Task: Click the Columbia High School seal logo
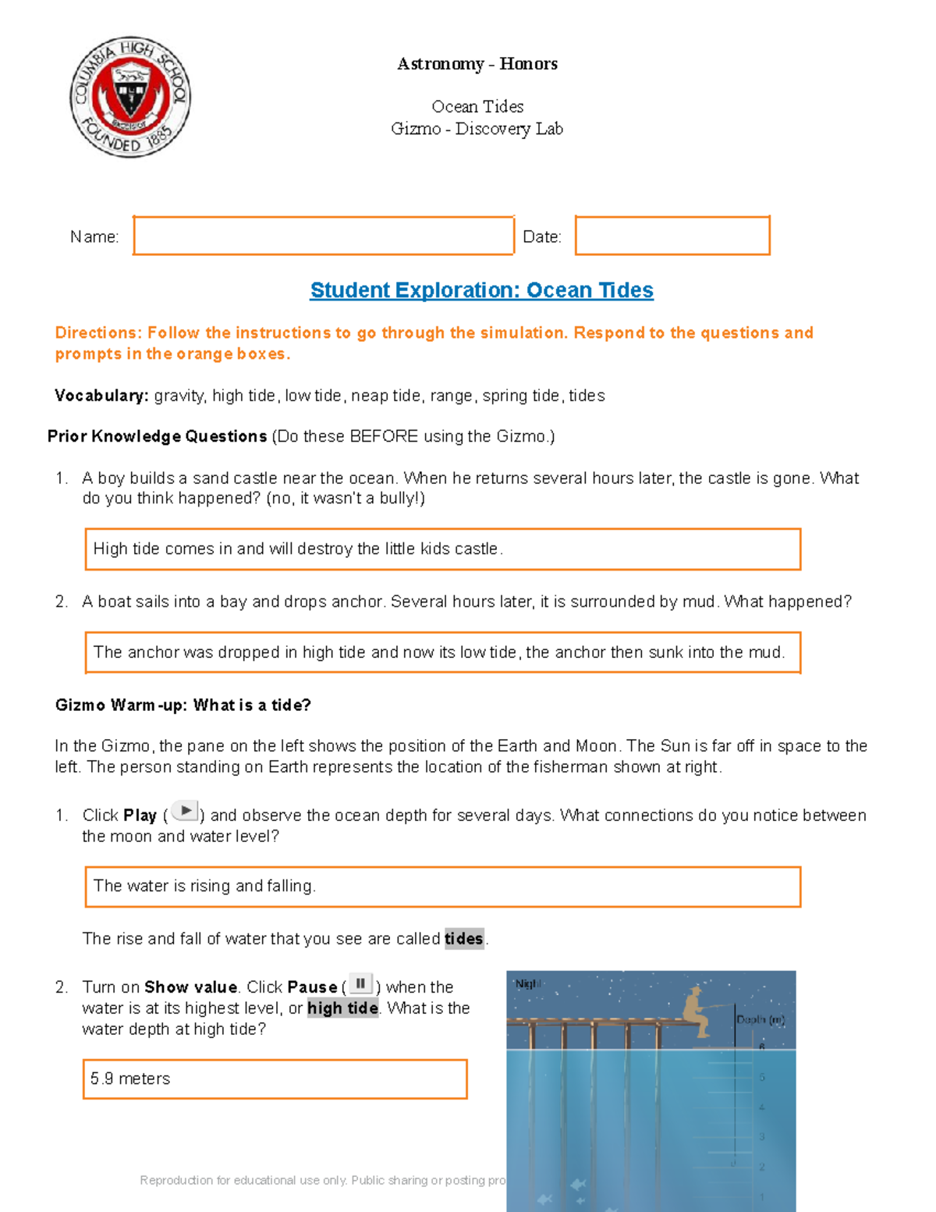tap(130, 96)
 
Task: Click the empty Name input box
tap(324, 236)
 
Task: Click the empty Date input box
tap(672, 236)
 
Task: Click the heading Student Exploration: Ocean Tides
tap(481, 290)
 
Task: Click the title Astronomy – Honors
tap(477, 64)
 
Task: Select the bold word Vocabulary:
tap(101, 396)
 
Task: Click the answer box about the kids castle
tap(442, 549)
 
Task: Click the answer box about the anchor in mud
tap(442, 652)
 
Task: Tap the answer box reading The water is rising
tap(442, 887)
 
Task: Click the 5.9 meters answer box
tap(275, 1079)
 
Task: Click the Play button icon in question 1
tap(185, 812)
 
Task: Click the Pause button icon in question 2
tap(360, 983)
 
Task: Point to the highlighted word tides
tap(464, 939)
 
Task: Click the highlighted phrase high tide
tap(342, 1008)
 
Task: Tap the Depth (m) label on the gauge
tap(760, 1020)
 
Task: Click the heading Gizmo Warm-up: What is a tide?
tap(183, 706)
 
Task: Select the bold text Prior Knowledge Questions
tap(157, 436)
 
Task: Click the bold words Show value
tap(190, 987)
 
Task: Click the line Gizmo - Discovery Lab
tap(477, 129)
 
